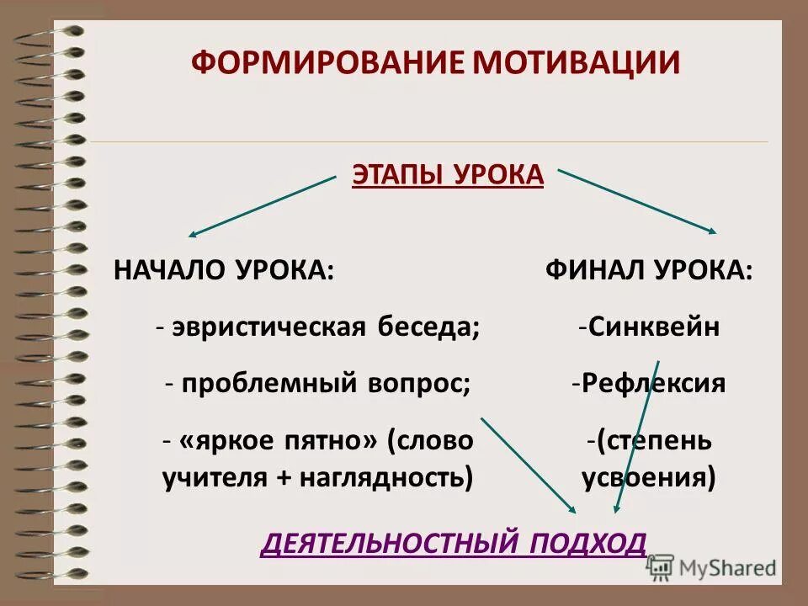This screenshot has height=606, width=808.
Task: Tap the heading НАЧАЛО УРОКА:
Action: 223,270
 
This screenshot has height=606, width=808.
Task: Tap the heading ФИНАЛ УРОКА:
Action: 648,270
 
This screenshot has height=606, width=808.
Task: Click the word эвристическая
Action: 268,327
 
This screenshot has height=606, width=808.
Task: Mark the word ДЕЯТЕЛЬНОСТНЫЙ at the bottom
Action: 383,543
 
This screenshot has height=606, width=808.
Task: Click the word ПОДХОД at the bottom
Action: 588,543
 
